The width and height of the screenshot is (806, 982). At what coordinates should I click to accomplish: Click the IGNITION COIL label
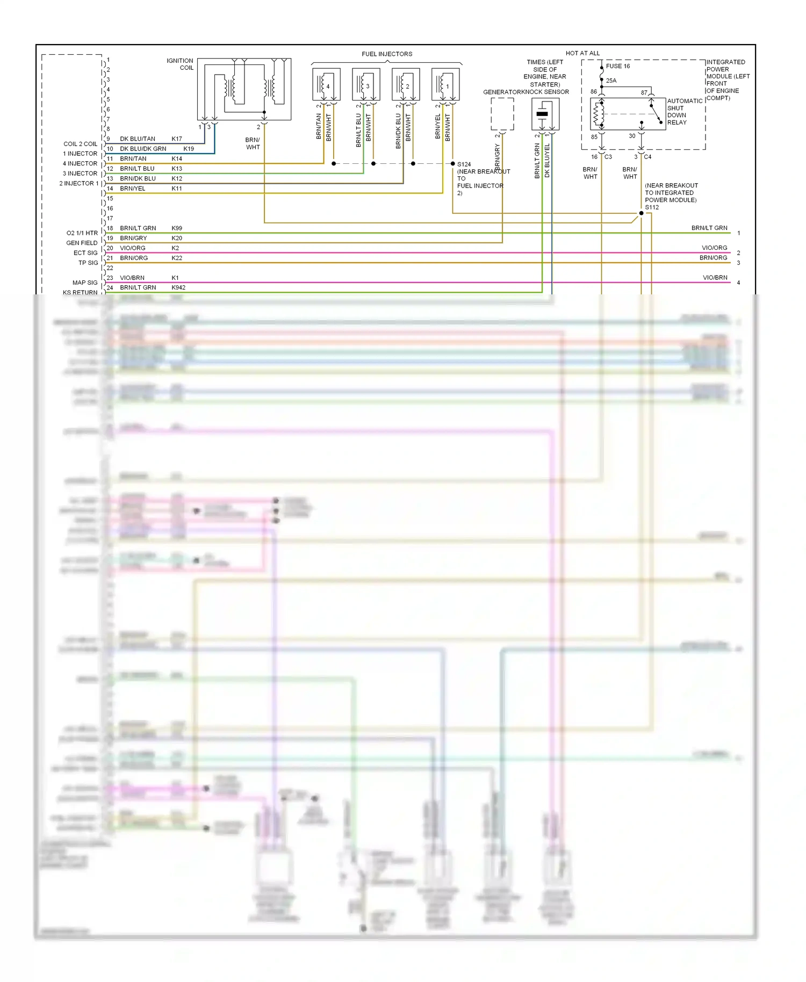(180, 64)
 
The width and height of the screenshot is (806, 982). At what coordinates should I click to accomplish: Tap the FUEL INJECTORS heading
(387, 54)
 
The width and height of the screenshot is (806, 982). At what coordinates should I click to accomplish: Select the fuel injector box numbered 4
(326, 84)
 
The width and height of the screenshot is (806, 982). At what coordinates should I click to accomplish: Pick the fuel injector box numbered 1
(445, 84)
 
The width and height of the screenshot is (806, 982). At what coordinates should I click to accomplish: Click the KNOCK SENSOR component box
(545, 114)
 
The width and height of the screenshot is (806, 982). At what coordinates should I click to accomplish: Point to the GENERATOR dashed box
(502, 114)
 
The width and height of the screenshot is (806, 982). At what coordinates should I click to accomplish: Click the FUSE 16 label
(618, 66)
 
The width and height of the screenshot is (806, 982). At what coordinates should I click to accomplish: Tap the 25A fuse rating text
(611, 81)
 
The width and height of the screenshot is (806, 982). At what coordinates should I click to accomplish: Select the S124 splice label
(464, 164)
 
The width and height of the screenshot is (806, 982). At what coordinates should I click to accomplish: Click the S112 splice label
(652, 207)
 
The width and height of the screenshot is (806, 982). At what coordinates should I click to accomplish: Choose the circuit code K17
(177, 139)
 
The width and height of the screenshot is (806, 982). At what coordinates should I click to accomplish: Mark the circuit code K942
(178, 287)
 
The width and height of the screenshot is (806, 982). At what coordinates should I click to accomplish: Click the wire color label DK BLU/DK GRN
(143, 149)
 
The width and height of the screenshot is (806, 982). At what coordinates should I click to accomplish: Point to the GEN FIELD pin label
(82, 243)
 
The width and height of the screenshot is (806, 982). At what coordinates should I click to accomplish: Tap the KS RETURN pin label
(80, 292)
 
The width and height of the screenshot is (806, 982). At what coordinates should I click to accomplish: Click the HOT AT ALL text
(582, 53)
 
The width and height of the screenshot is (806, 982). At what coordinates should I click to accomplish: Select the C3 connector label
(608, 157)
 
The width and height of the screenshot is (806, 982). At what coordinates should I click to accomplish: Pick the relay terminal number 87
(644, 92)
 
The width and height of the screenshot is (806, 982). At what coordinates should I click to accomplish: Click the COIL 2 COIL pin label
(80, 144)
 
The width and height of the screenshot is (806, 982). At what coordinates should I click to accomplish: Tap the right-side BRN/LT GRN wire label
(709, 228)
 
